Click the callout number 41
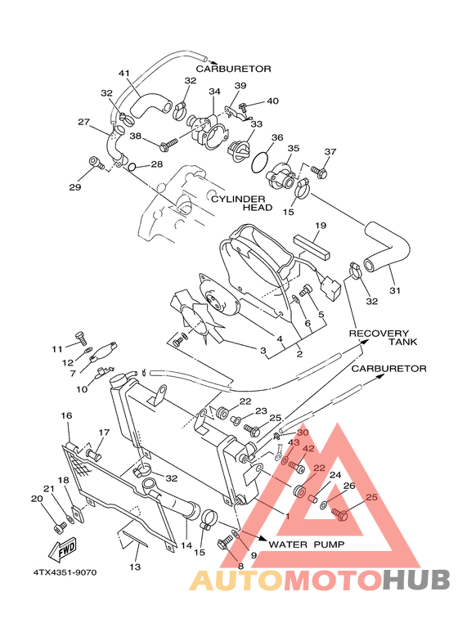point(124,74)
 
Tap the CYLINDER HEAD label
point(239,203)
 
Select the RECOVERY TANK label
point(379,338)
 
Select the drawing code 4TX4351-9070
point(65,571)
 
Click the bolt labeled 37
point(321,173)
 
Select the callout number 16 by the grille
point(67,416)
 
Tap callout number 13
point(135,567)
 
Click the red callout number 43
point(294,442)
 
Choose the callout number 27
point(83,122)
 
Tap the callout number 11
point(58,349)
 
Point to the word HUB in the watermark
point(417,580)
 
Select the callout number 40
point(272,101)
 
